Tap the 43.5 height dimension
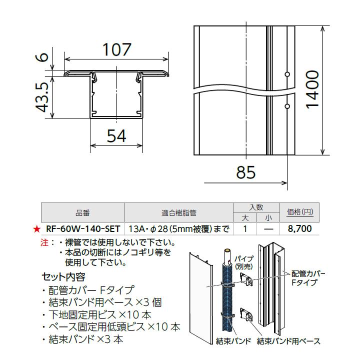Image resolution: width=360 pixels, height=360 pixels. click(42, 98)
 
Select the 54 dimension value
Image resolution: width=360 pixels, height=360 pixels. click(116, 135)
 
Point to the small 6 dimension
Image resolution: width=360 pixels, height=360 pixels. click(43, 55)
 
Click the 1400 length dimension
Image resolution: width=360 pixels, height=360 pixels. click(312, 90)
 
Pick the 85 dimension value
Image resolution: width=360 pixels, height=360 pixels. click(245, 172)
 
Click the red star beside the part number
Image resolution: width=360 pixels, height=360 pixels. click(36, 229)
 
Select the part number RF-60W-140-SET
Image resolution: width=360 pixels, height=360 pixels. click(82, 229)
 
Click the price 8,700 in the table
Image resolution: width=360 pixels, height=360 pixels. click(300, 229)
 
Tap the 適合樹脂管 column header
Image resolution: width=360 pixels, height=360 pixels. click(179, 212)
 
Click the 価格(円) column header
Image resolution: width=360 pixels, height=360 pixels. click(300, 212)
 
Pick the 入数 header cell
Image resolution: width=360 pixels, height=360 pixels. click(256, 207)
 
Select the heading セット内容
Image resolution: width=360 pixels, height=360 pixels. click(63, 276)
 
